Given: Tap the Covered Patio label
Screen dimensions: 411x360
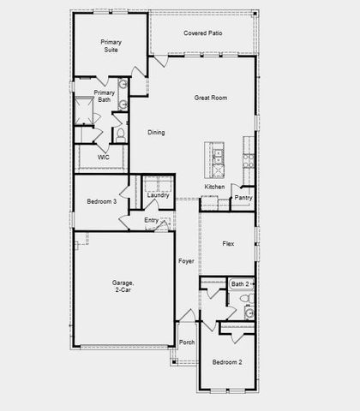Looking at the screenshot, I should click(202, 33).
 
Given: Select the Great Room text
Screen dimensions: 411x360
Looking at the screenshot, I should click(210, 98).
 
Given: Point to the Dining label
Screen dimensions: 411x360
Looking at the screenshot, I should click(156, 132).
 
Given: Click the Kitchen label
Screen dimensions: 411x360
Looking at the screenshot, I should click(214, 187).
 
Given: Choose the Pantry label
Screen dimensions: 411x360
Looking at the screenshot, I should click(243, 198).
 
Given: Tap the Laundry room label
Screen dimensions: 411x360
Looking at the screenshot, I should click(158, 195).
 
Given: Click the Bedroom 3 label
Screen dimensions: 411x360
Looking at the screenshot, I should click(101, 201).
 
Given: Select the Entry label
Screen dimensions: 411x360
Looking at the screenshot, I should click(151, 220).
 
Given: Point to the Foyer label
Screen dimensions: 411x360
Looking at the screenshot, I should click(186, 260).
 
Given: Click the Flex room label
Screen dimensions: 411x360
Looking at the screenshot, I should click(228, 244).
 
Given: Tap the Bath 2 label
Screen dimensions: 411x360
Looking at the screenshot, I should click(239, 283).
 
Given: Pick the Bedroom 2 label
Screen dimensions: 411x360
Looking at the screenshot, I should click(227, 362).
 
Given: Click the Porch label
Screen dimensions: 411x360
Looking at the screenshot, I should click(186, 342).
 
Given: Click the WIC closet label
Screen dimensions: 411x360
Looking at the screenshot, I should click(103, 158).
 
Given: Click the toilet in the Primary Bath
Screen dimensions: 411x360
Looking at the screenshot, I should click(120, 134).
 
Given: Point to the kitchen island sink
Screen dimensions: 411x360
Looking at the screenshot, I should click(218, 156).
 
